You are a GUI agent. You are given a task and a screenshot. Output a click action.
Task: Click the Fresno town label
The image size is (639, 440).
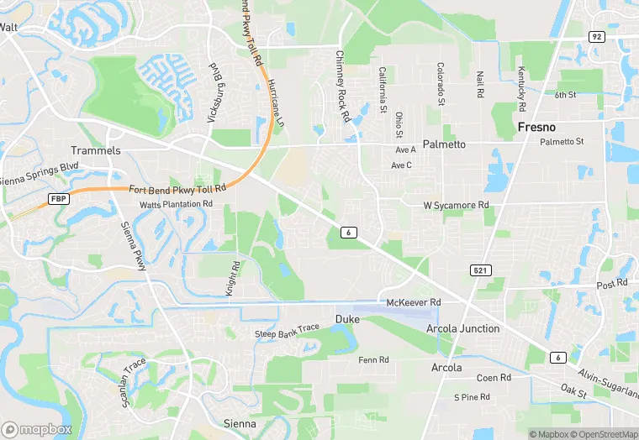click(x=537, y=127)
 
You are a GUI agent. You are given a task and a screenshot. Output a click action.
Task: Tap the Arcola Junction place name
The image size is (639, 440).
click(x=462, y=328)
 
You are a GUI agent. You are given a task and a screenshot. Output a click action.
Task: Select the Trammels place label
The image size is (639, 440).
click(x=96, y=150)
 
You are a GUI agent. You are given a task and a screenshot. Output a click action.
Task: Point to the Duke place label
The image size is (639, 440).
click(x=347, y=319)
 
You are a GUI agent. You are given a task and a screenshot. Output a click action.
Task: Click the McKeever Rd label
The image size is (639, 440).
click(x=414, y=302)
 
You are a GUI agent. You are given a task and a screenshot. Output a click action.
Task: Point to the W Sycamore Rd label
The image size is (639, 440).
click(x=455, y=205)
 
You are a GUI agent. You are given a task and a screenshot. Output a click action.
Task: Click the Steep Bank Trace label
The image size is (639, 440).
click(x=288, y=333)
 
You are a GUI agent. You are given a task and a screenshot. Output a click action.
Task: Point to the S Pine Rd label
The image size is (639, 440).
click(x=472, y=397)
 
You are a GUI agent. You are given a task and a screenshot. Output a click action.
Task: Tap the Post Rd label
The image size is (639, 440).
click(x=611, y=284)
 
